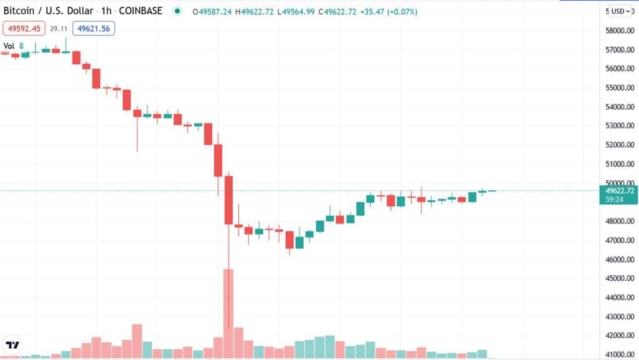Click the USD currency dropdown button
click(x=622, y=11)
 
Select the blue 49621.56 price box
click(x=93, y=28)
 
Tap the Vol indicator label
click(x=9, y=46)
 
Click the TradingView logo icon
click(x=12, y=344)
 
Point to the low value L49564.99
click(x=297, y=12)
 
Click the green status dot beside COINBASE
click(x=178, y=11)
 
